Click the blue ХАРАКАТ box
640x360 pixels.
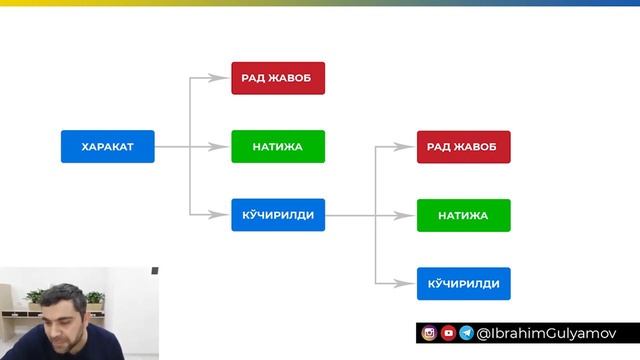[x=107, y=146]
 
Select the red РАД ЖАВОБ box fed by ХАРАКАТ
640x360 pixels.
[x=278, y=78]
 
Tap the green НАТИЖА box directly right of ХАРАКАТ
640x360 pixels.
[x=278, y=146]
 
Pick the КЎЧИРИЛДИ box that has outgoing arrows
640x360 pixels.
[x=278, y=214]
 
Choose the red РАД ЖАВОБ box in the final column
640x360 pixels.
[x=463, y=146]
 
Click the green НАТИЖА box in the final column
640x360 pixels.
[x=463, y=214]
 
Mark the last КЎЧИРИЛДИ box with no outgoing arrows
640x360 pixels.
[x=463, y=283]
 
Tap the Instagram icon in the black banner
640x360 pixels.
[x=429, y=333]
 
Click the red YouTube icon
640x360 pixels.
[x=448, y=333]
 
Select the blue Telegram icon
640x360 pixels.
[x=466, y=333]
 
